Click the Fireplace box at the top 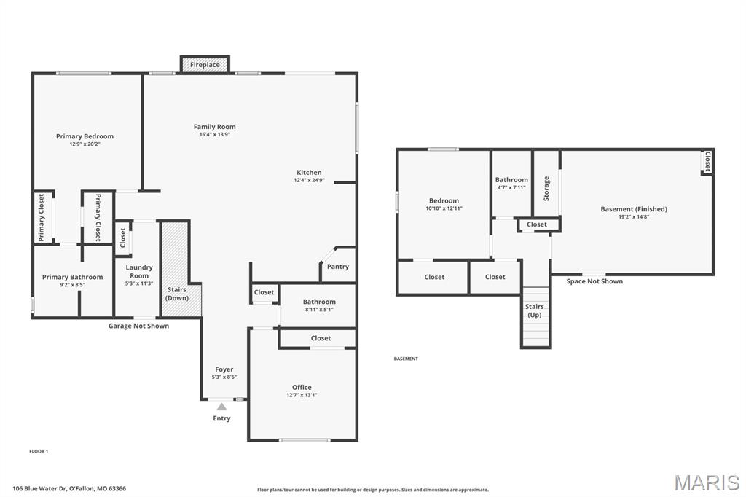[x=205, y=64]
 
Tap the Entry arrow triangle [x=221, y=407]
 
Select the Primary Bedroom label [x=85, y=136]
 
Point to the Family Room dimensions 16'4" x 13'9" [x=215, y=135]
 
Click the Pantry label [x=338, y=267]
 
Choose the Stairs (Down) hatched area [x=181, y=269]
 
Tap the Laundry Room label [x=139, y=271]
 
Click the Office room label [x=302, y=387]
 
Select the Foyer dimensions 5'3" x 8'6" [x=224, y=377]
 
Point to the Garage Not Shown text [x=138, y=326]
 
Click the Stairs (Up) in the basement [x=535, y=316]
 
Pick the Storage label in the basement [x=546, y=188]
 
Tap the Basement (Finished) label [x=634, y=209]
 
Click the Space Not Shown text [x=594, y=281]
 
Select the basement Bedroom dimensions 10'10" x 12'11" [x=444, y=208]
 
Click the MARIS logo [x=707, y=482]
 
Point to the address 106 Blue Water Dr [x=40, y=488]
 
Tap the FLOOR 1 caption [x=39, y=451]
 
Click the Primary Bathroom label [x=72, y=277]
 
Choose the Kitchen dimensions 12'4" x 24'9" [x=309, y=181]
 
